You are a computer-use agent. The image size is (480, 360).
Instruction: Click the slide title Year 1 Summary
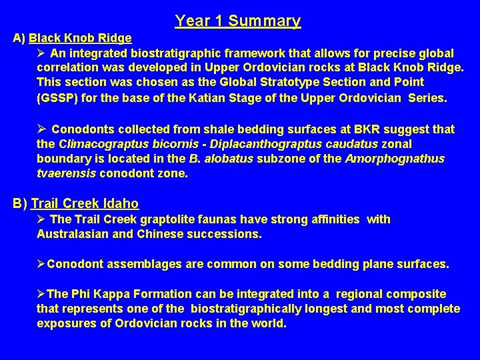coord(237,21)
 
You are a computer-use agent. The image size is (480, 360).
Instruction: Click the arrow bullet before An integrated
coord(42,53)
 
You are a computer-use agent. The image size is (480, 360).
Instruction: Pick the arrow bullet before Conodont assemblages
coord(41,265)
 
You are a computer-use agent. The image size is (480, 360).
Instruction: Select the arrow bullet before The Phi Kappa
coord(41,294)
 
